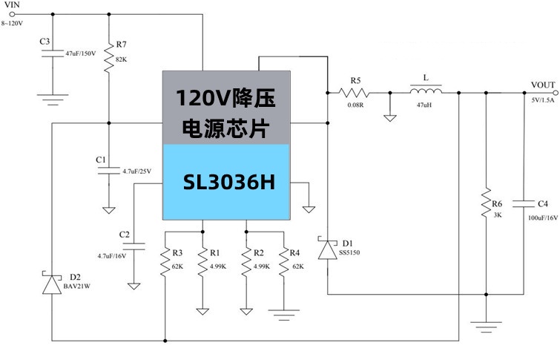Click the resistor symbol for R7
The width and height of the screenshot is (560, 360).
click(x=109, y=58)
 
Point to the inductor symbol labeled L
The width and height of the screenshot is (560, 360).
click(x=425, y=92)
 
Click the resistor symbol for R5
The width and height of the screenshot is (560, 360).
click(x=355, y=93)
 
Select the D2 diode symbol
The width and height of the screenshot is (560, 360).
click(x=53, y=285)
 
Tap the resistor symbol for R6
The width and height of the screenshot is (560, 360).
click(x=486, y=203)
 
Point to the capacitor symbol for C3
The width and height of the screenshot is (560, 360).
click(x=53, y=53)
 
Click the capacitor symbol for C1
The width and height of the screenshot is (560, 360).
click(x=109, y=170)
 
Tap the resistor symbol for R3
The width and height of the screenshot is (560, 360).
click(x=165, y=263)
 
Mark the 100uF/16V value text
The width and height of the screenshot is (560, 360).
click(x=543, y=218)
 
